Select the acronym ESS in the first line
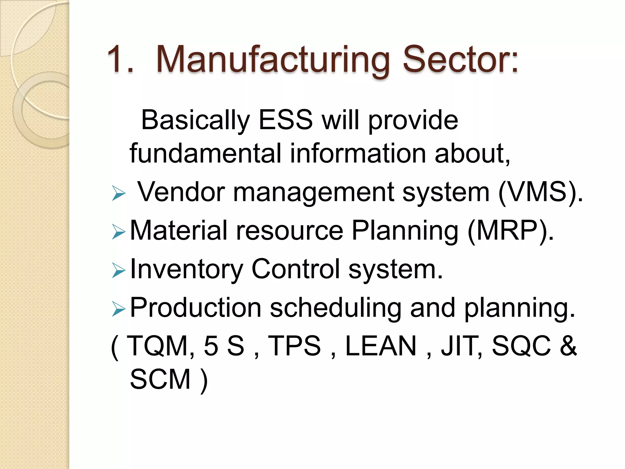286,120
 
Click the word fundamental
205,153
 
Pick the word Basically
195,120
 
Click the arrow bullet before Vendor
118,194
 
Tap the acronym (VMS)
540,192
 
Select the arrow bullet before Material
118,232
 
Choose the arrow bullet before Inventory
118,270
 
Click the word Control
295,269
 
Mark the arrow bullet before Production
118,309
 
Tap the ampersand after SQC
568,346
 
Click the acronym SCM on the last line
161,379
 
